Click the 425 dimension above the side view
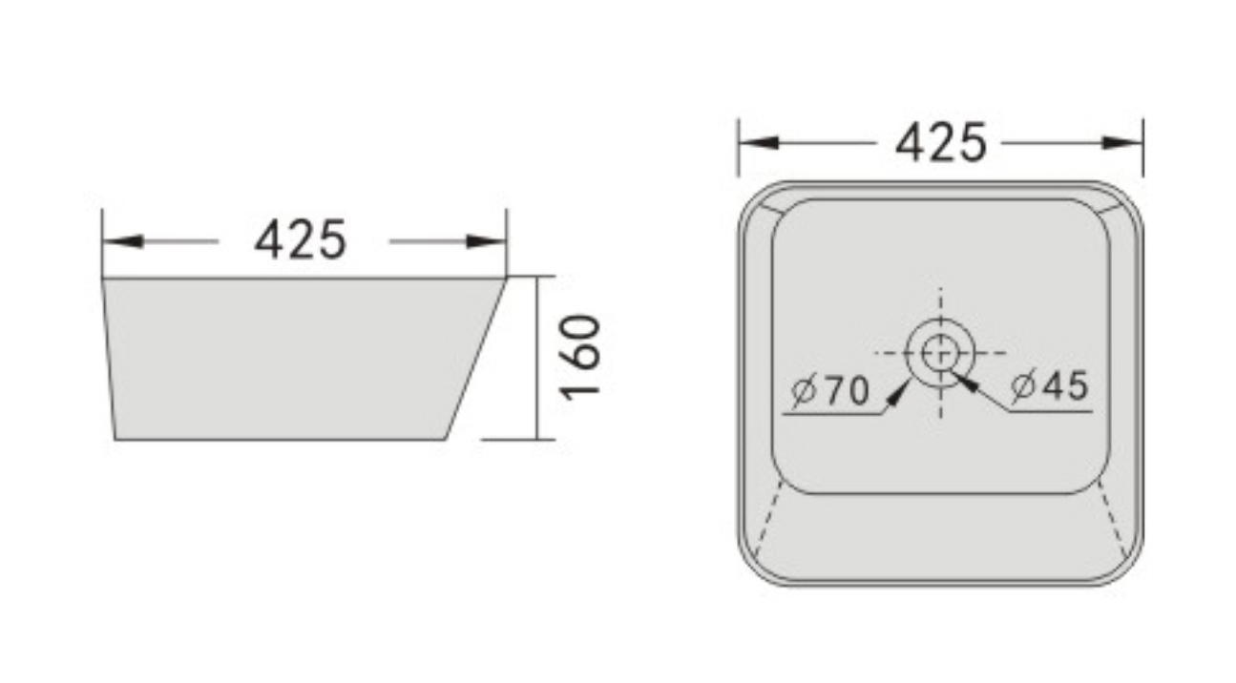[301, 240]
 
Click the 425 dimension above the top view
[940, 143]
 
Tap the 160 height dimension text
[581, 357]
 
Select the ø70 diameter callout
[829, 389]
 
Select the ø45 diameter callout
[1050, 385]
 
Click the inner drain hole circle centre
[940, 353]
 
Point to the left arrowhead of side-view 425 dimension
[122, 241]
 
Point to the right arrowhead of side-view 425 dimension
[486, 241]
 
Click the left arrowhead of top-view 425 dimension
[759, 143]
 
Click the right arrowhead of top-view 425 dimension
[1122, 143]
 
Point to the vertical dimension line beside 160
[539, 357]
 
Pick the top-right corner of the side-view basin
[506, 279]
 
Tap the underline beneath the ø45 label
[1050, 412]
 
